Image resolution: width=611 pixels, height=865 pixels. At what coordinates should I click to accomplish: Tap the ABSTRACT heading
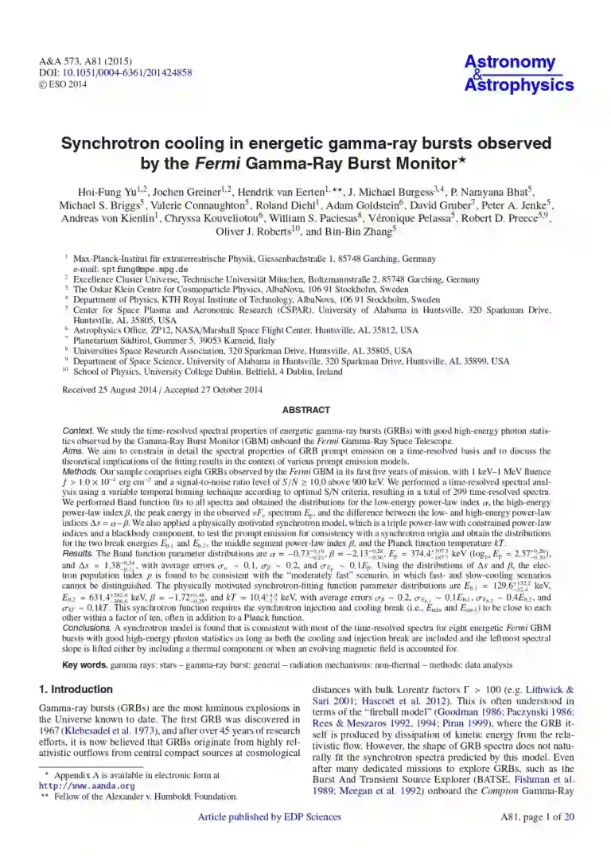[x=305, y=410]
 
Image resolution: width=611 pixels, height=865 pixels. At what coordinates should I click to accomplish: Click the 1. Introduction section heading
[x=76, y=689]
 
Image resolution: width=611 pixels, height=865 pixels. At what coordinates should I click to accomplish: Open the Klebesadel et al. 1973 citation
[x=110, y=728]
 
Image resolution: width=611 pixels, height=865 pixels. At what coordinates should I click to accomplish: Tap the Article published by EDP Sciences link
[x=269, y=816]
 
